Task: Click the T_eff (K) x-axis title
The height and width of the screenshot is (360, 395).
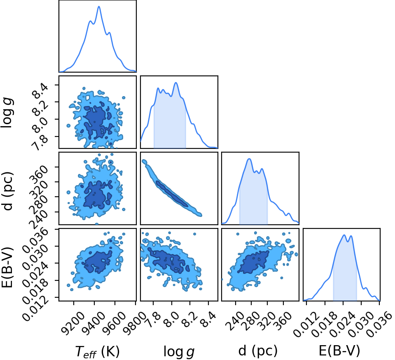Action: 98,351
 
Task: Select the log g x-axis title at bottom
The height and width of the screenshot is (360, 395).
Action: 179,351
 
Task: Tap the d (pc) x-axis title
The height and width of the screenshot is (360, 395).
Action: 258,351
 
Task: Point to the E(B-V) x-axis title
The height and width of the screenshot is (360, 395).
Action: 339,351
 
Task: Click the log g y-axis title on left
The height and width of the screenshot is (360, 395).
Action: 7,113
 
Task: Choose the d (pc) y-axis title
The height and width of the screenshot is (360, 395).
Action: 7,191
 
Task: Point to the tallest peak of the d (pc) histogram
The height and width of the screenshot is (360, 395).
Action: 249,159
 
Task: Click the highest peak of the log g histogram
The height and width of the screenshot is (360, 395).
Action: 176,82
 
